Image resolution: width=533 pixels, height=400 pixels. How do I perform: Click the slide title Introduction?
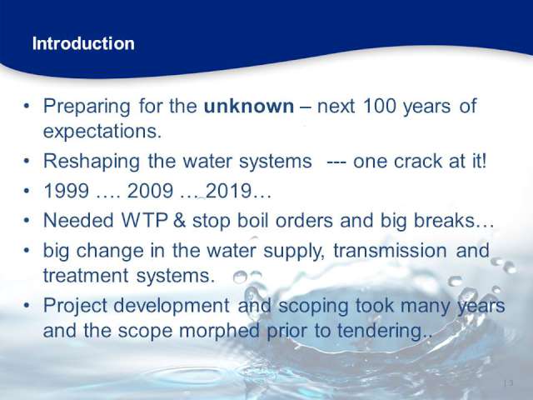(83, 44)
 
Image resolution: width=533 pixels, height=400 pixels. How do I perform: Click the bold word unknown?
(249, 106)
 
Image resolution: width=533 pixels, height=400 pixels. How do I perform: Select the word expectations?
(102, 132)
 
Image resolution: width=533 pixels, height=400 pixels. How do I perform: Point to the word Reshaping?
(92, 162)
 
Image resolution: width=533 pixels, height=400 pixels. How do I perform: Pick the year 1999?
(67, 191)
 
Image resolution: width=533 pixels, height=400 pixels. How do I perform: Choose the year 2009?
(150, 191)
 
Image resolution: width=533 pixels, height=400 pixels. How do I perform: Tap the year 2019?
(228, 191)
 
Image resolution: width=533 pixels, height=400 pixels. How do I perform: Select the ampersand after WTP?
(179, 220)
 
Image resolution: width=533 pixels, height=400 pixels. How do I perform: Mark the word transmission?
(390, 250)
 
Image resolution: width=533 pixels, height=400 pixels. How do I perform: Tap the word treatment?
(86, 276)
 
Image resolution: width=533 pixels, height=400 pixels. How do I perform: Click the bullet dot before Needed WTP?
(27, 221)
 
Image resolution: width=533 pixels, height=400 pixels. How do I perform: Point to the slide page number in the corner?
(508, 383)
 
